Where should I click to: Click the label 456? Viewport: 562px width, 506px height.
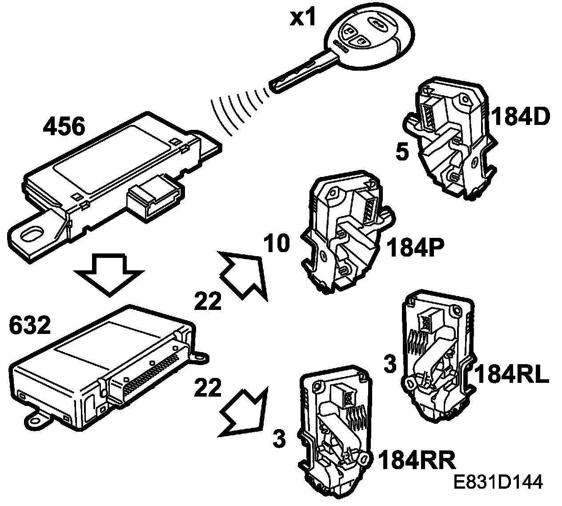64,128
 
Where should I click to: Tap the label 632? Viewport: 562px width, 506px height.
30,326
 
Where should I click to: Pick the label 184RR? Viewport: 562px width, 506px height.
417,461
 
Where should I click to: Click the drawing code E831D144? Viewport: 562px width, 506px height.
498,483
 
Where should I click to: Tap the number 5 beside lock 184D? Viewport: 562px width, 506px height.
401,153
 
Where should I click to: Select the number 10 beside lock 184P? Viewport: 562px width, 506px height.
276,244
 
